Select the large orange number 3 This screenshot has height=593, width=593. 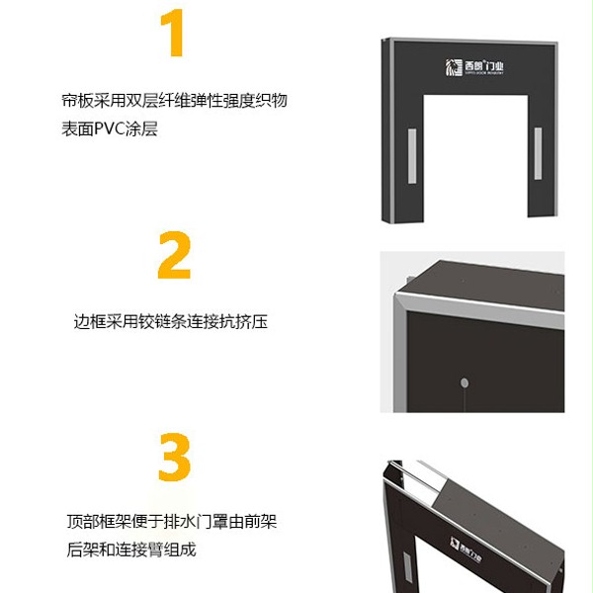174,458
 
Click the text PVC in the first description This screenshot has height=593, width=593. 114,128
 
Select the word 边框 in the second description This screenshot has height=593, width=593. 88,321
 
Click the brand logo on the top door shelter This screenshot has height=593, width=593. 473,67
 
